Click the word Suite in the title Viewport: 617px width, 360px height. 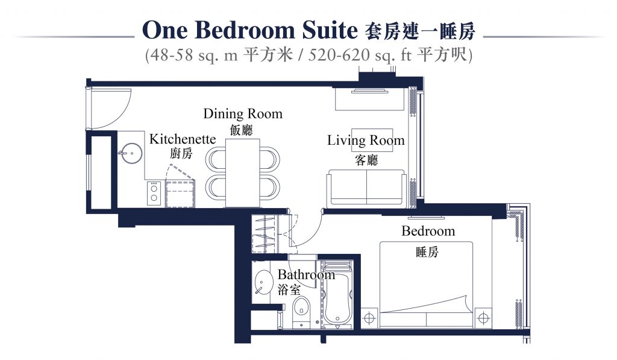[330, 30]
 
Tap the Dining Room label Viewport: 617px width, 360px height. [243, 114]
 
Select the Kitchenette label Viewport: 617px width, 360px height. [183, 139]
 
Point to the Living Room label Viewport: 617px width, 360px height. [366, 141]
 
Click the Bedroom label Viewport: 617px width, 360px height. [428, 231]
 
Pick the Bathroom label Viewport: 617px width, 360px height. [306, 274]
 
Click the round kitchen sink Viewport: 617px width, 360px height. [131, 153]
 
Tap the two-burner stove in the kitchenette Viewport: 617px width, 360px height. [154, 194]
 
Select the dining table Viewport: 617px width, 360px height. [242, 173]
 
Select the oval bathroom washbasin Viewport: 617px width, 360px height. [264, 282]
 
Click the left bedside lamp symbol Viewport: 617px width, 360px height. [369, 317]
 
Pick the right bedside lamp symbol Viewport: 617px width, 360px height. [483, 317]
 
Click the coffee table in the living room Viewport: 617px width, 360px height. [372, 140]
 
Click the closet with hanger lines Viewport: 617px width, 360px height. [264, 234]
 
